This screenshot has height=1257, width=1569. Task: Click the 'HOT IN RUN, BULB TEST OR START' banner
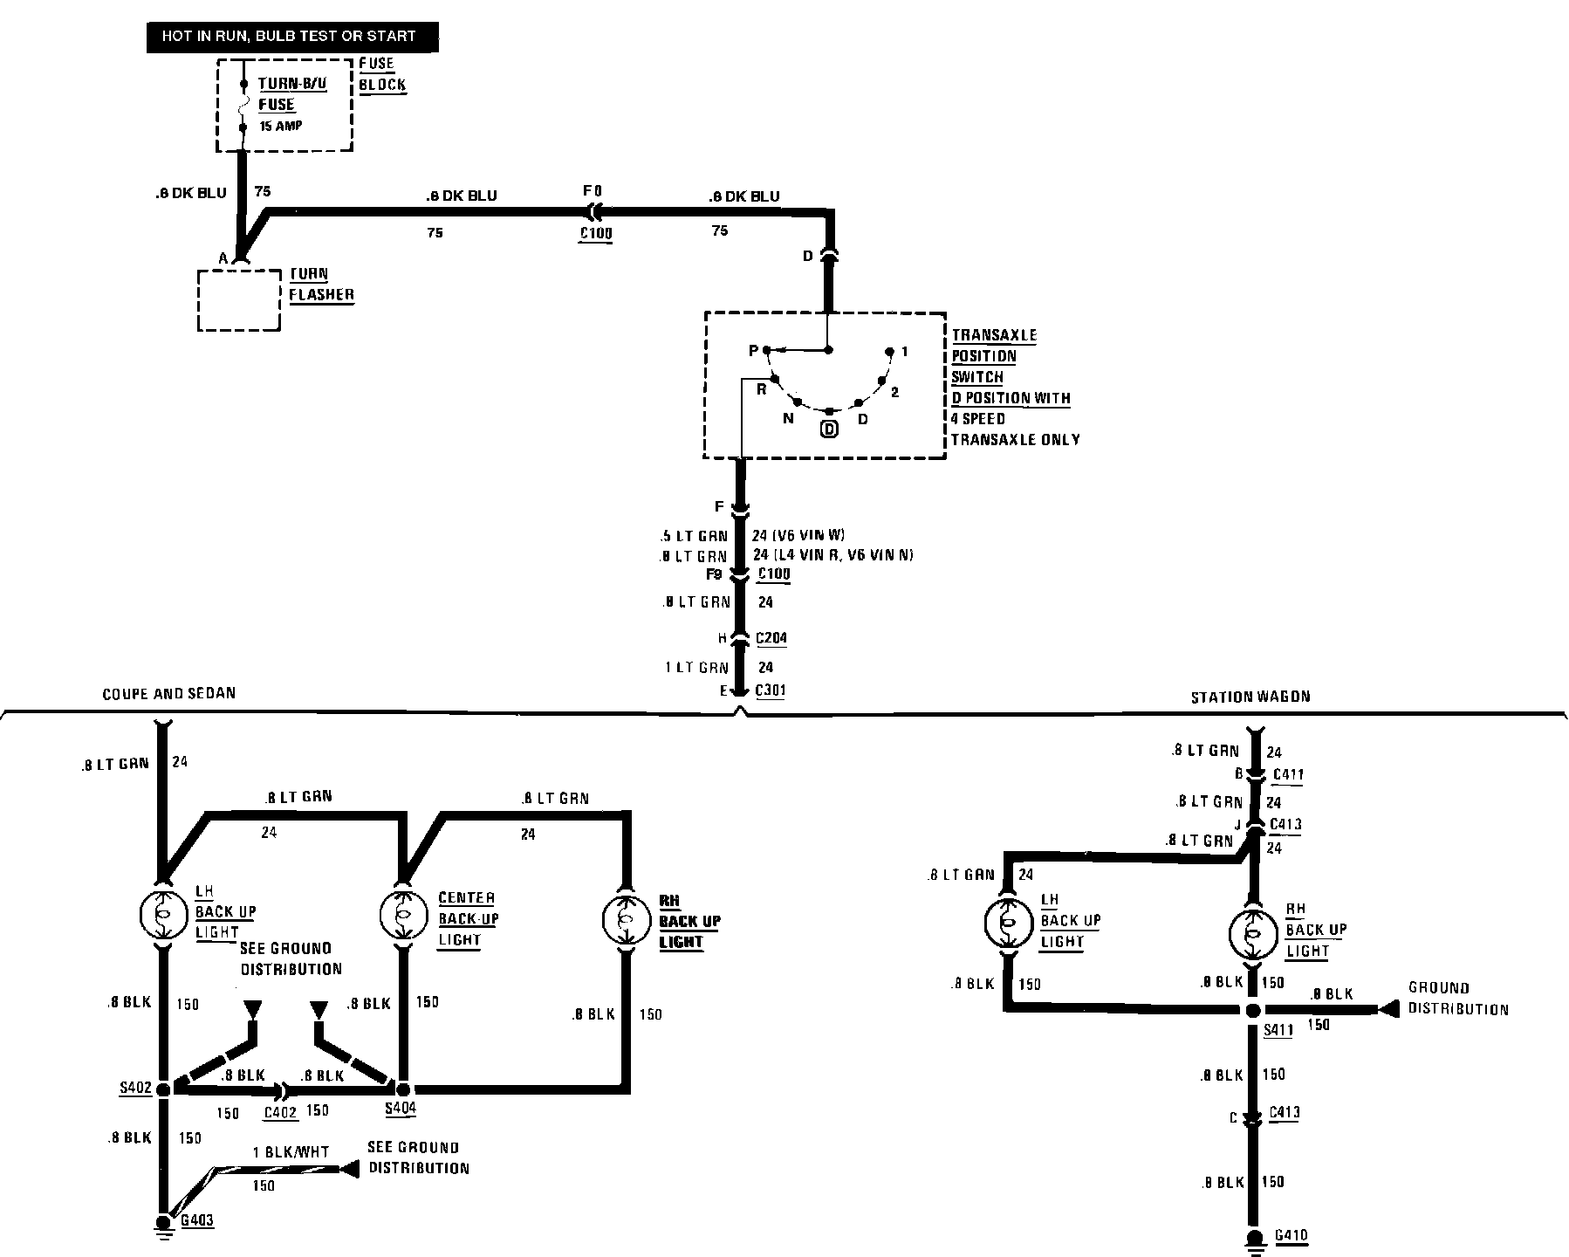click(289, 37)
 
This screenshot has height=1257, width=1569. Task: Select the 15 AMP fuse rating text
click(281, 127)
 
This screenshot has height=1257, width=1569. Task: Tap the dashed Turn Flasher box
click(240, 300)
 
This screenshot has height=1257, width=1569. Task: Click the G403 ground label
click(197, 1219)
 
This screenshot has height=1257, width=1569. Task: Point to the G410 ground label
click(1292, 1235)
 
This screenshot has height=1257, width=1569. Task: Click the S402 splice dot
click(163, 1089)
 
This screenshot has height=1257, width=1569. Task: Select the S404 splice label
click(401, 1109)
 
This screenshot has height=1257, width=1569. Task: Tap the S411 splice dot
click(1252, 1010)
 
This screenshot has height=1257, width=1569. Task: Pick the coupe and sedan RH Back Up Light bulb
click(627, 919)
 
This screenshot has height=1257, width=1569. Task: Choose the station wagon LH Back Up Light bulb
click(1007, 923)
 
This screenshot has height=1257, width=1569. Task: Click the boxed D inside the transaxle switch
click(829, 429)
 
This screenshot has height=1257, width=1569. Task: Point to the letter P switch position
click(754, 351)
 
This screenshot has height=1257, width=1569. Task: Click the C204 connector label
click(771, 638)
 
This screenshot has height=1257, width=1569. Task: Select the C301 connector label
click(771, 690)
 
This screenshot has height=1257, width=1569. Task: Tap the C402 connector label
click(281, 1112)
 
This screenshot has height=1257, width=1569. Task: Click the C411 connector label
click(1288, 773)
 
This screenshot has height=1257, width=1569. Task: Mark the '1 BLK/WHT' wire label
click(291, 1152)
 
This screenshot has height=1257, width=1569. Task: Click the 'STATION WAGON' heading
click(1250, 697)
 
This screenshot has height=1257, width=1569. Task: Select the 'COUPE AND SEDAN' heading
click(168, 693)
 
